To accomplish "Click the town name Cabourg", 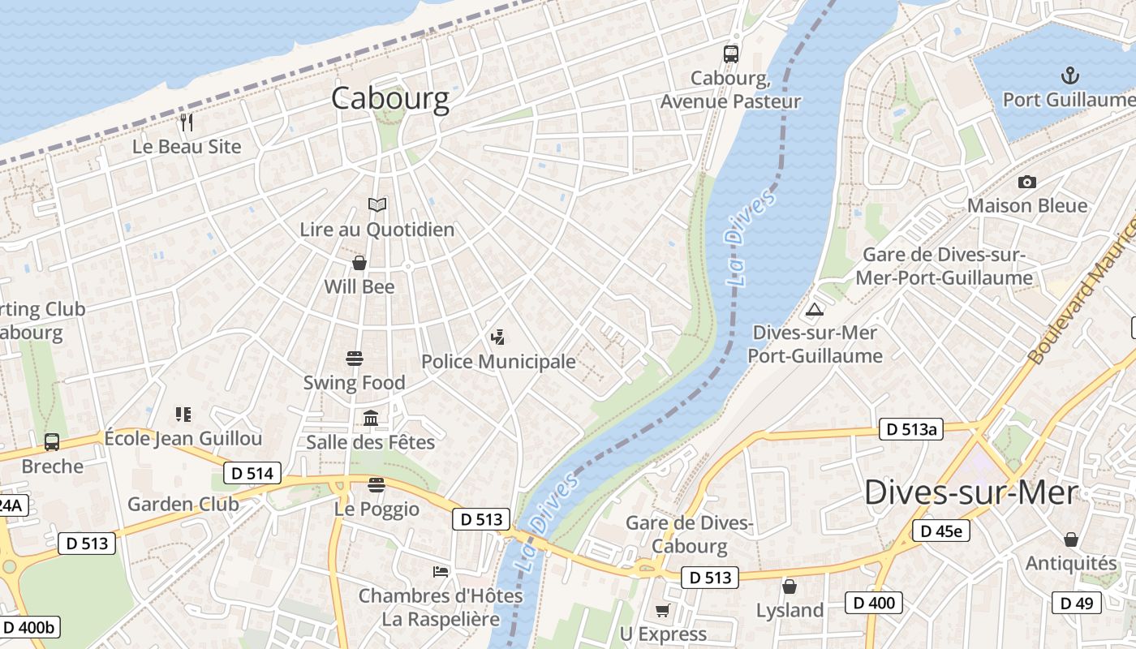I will coord(389,98).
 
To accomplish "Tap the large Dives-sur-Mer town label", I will coord(970,492).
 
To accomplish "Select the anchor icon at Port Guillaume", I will coord(1070,76).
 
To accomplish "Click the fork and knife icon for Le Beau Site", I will coord(187,122).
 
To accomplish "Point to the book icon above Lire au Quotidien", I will coord(377,204).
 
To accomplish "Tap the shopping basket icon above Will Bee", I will coord(359,263).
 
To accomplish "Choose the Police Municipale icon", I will coord(497,337).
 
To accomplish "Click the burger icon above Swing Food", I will coord(354,358).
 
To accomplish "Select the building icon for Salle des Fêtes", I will coord(371,418).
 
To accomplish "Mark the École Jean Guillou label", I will coord(183,439).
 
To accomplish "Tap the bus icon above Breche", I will coord(52,442).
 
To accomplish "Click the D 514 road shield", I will coord(252,473).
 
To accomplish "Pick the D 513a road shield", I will coord(911,429).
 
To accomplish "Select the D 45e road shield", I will coord(940,531).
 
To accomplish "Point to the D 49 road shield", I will coord(1077,603).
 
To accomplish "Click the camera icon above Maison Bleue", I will coord(1026,182).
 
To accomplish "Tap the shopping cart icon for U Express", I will coord(663,610).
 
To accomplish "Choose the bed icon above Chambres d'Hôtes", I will coord(441,571).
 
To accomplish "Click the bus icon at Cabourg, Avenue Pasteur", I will coord(730,54).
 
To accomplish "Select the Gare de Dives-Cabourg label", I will coord(689,535).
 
